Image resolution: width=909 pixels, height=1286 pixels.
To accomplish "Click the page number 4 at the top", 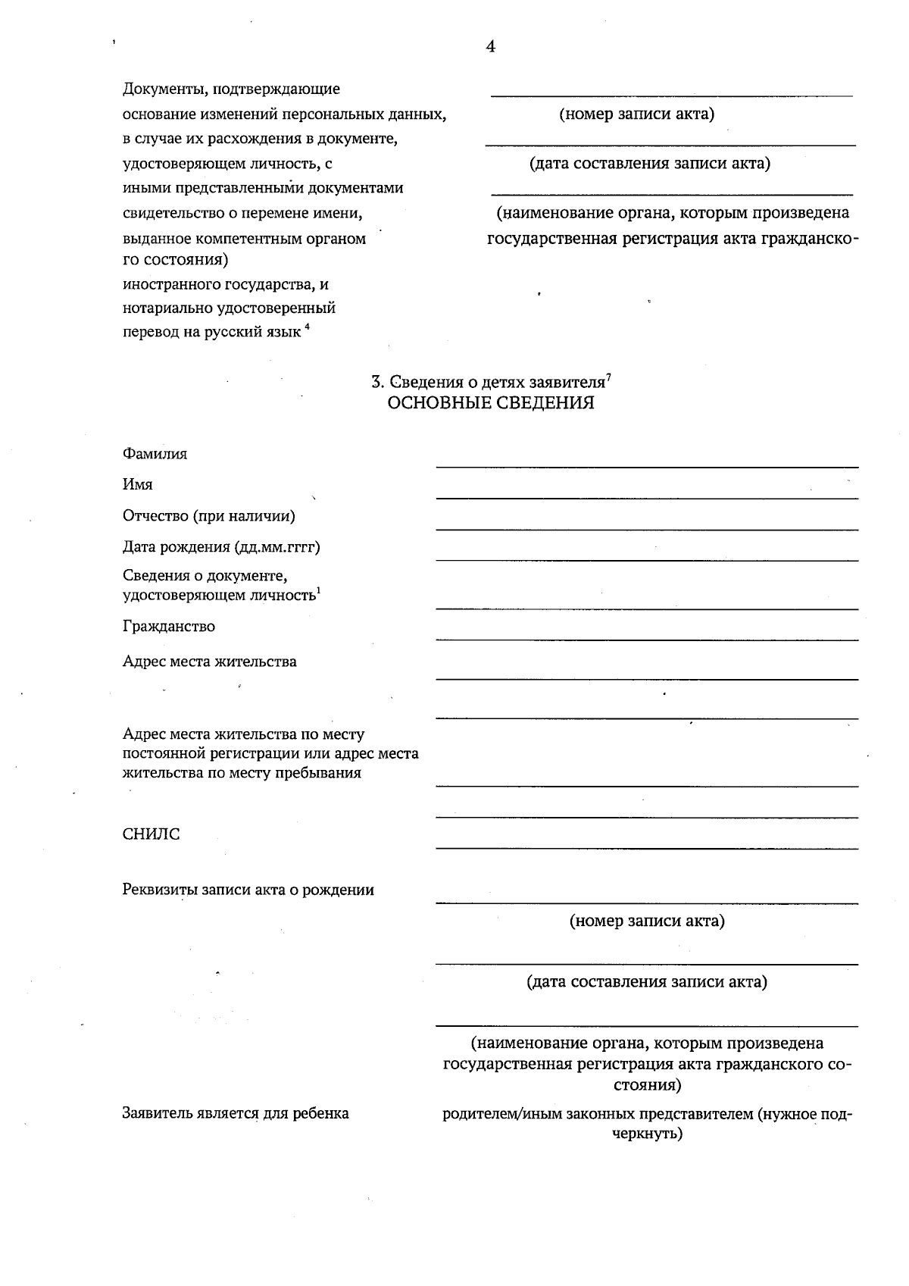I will pyautogui.click(x=490, y=47).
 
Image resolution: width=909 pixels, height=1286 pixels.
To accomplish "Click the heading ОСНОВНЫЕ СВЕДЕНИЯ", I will pyautogui.click(x=490, y=403).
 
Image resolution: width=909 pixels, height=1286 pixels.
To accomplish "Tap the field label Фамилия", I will pyautogui.click(x=155, y=454).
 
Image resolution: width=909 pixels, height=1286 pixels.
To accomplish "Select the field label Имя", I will pyautogui.click(x=137, y=484).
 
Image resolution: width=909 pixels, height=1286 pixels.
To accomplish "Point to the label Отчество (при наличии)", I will pyautogui.click(x=208, y=516).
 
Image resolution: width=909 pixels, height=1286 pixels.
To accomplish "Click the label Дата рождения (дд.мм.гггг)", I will pyautogui.click(x=221, y=547).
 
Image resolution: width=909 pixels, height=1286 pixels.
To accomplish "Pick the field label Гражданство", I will pyautogui.click(x=168, y=627).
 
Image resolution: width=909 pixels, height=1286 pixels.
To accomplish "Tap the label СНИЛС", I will pyautogui.click(x=151, y=834).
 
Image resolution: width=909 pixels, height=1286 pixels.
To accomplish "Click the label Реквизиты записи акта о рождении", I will pyautogui.click(x=248, y=890).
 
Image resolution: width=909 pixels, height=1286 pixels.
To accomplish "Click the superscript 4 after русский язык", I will pyautogui.click(x=308, y=327).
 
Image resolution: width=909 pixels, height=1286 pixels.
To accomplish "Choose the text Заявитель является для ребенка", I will pyautogui.click(x=236, y=1114).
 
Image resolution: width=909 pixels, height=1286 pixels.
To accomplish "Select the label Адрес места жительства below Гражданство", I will pyautogui.click(x=209, y=662).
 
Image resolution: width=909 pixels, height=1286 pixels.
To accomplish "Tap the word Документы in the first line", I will pyautogui.click(x=164, y=89).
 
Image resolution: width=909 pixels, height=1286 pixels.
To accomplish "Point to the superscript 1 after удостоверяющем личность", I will pyautogui.click(x=319, y=591).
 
